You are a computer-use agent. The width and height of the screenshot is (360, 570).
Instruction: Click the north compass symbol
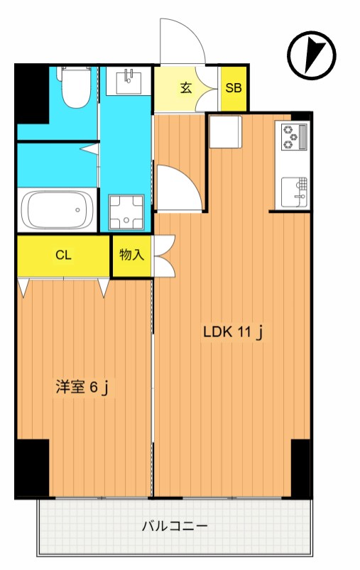(311, 56)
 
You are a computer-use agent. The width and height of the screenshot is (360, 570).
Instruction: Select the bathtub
(58, 209)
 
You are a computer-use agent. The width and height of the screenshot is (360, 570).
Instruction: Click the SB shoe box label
(233, 89)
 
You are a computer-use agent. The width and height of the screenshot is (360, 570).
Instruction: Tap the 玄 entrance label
(185, 89)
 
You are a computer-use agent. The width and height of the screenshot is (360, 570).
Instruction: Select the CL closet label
(63, 256)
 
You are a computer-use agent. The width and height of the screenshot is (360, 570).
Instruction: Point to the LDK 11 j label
(234, 332)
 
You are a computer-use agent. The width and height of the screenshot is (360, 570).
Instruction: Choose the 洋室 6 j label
(82, 388)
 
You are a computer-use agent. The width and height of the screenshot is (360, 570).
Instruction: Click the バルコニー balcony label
(174, 527)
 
